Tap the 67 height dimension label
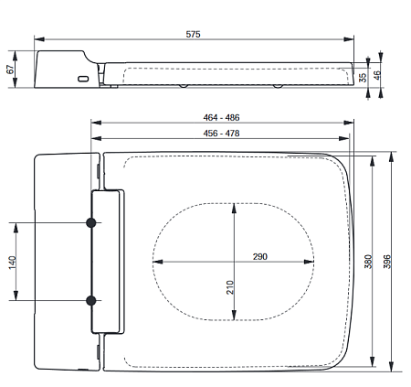[x=10, y=70]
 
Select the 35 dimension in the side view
[x=363, y=77]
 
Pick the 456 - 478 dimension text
[x=222, y=134]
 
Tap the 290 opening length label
[x=260, y=258]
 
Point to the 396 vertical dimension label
[x=387, y=262]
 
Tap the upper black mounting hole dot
[x=91, y=223]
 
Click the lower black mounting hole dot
[x=91, y=300]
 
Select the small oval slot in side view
[x=84, y=79]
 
